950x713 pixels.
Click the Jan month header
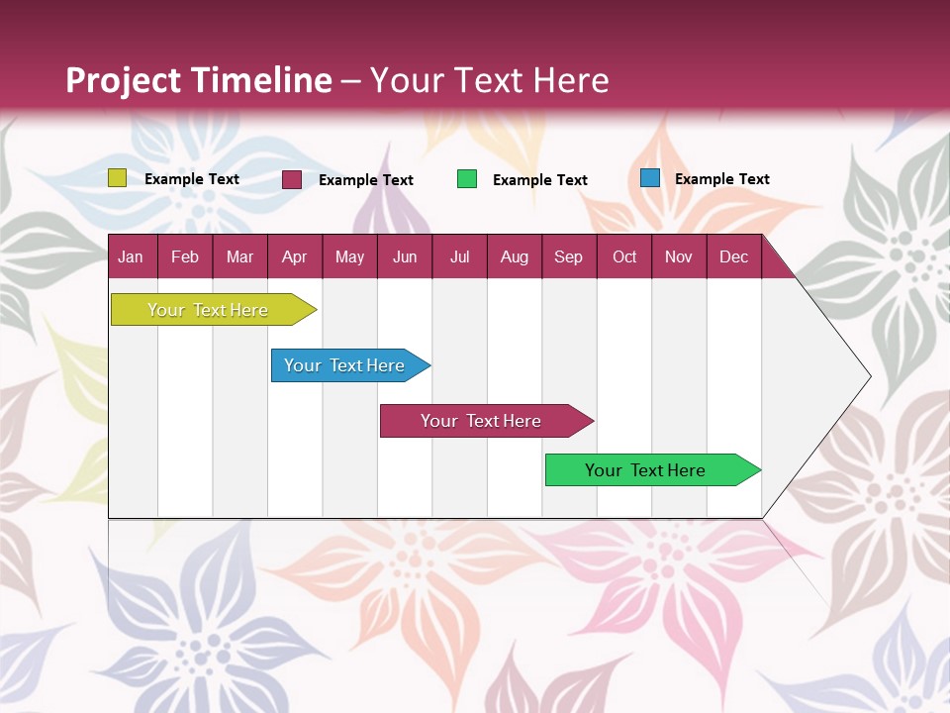[132, 256]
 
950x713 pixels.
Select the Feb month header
[185, 256]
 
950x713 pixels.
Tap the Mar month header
[239, 256]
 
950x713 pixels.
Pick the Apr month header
[295, 256]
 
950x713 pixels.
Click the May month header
[349, 256]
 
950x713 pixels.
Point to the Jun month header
[405, 256]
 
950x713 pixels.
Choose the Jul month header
[459, 256]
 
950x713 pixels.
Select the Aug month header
[515, 256]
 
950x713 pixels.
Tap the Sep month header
[569, 256]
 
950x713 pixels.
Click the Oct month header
[624, 256]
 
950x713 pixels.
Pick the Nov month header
[679, 256]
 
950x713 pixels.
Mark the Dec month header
[734, 256]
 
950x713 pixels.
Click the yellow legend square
[118, 178]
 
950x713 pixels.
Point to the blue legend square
[650, 178]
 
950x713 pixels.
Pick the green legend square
[467, 179]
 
